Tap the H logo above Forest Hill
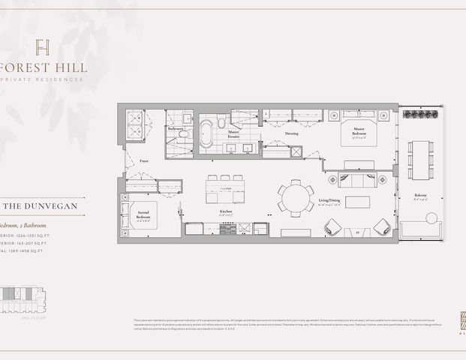tap(44, 46)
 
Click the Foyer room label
tap(144, 160)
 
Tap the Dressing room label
tap(291, 133)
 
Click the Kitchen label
tap(226, 211)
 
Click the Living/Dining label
tap(350, 200)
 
